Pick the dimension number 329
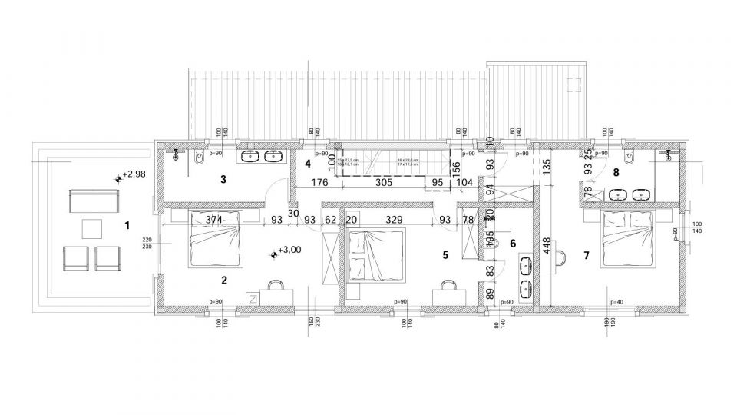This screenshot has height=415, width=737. [394, 219]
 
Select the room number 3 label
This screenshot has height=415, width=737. [223, 180]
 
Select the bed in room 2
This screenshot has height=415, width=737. [216, 241]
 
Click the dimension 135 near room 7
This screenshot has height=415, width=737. [546, 168]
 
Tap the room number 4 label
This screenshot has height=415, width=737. [307, 164]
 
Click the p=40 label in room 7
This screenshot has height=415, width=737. [616, 301]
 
